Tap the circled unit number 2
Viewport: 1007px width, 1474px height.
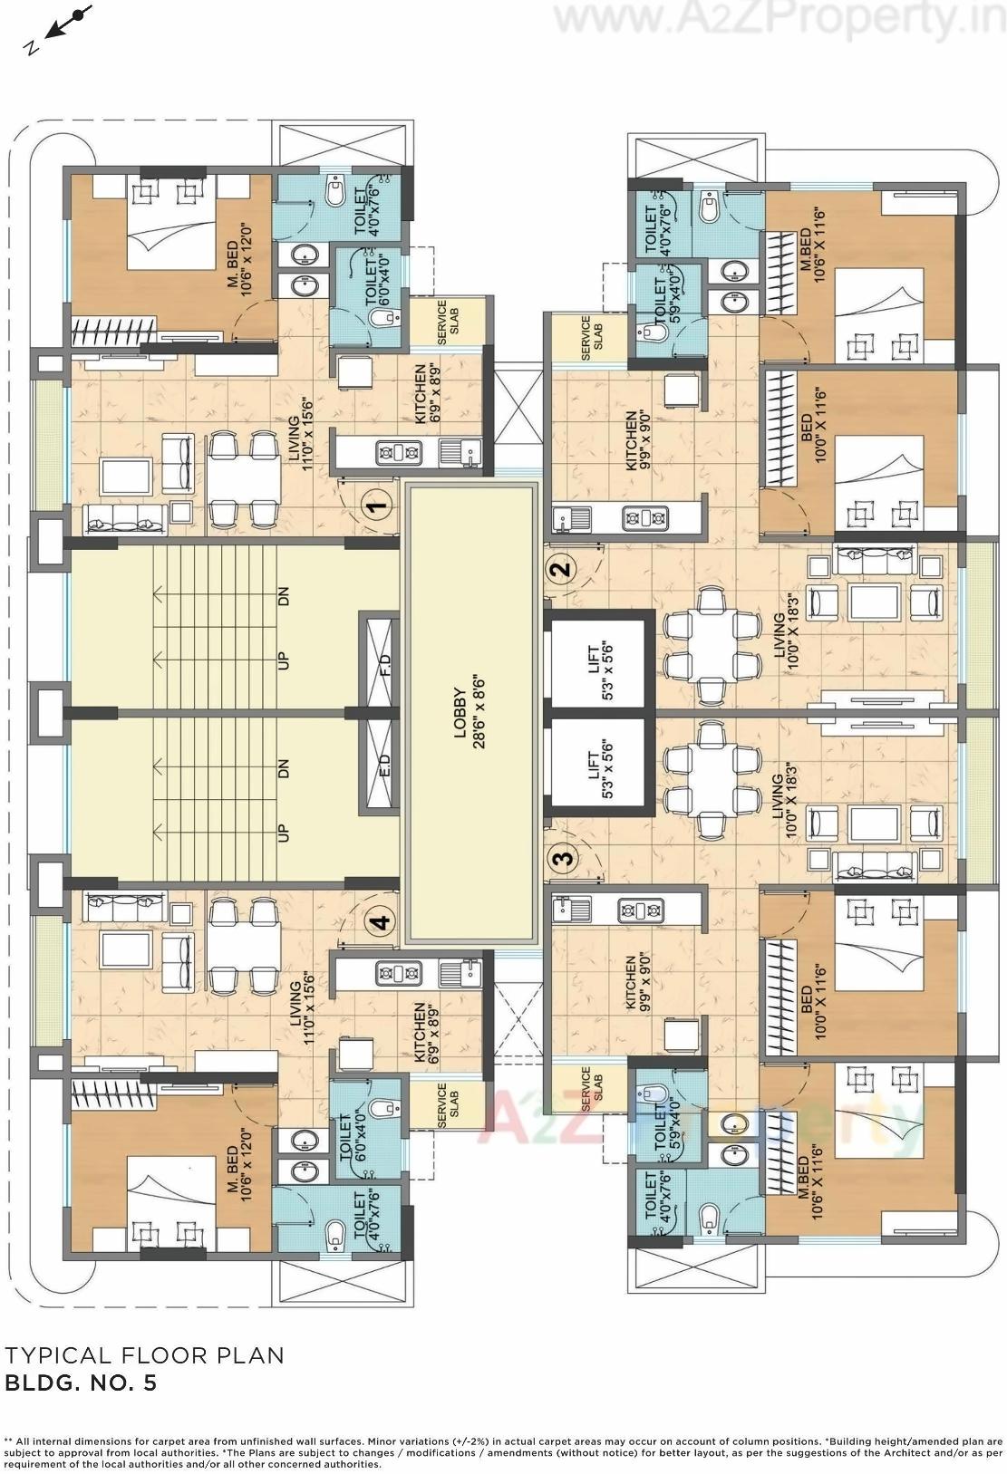562,570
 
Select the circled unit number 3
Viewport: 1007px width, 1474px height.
562,856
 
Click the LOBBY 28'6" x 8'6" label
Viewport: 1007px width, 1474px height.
470,713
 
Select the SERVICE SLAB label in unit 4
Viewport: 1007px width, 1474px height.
447,1104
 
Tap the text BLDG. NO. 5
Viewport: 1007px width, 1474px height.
82,1382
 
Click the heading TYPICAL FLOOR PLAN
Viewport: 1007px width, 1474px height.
144,1355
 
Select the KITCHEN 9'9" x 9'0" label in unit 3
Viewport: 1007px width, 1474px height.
637,981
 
